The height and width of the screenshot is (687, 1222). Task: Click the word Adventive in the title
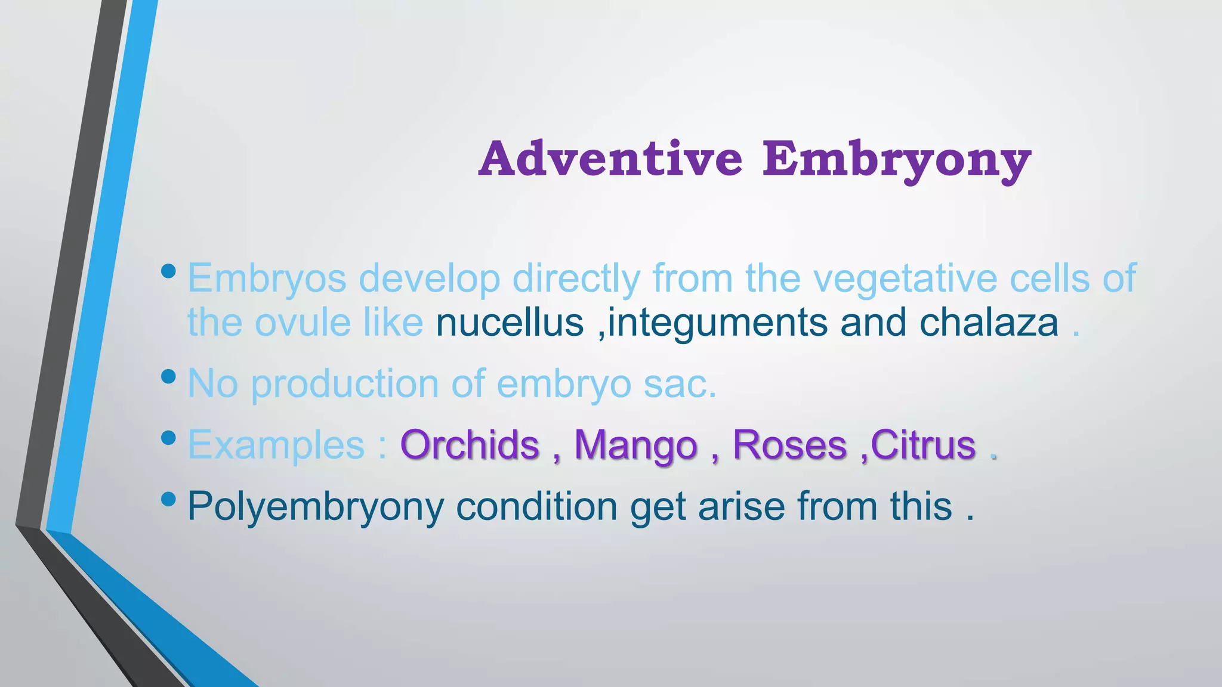(610, 159)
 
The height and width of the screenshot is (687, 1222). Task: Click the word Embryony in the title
(897, 159)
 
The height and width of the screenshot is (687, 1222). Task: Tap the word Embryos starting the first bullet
(267, 278)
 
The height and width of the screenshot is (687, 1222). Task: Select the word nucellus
(510, 323)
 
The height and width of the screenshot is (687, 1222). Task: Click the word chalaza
(989, 323)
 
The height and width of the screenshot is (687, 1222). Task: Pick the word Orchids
(470, 445)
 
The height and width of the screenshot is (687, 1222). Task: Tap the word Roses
(789, 445)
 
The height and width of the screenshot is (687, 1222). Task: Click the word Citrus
(923, 445)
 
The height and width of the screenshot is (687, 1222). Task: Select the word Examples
(276, 445)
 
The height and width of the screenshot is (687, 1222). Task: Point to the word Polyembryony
(316, 507)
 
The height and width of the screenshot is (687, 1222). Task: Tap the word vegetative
(899, 278)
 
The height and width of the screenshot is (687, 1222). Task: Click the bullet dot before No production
(169, 376)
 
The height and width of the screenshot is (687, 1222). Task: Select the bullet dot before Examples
(169, 438)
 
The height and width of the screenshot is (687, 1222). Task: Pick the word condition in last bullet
(536, 506)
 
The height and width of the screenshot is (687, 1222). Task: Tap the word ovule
(303, 323)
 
